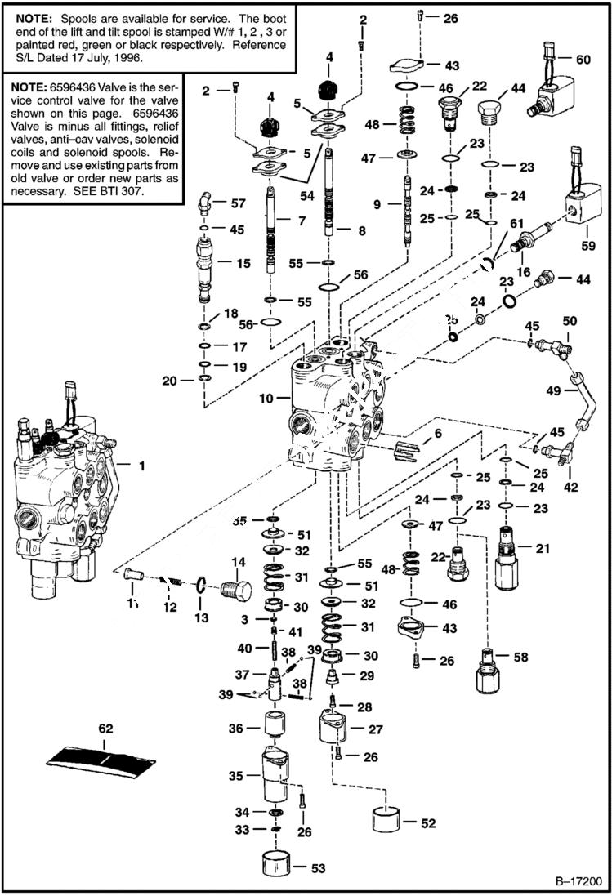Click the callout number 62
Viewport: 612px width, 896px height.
[x=105, y=728]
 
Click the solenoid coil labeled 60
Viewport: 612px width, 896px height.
[x=547, y=92]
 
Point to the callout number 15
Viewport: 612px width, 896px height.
[x=243, y=264]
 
